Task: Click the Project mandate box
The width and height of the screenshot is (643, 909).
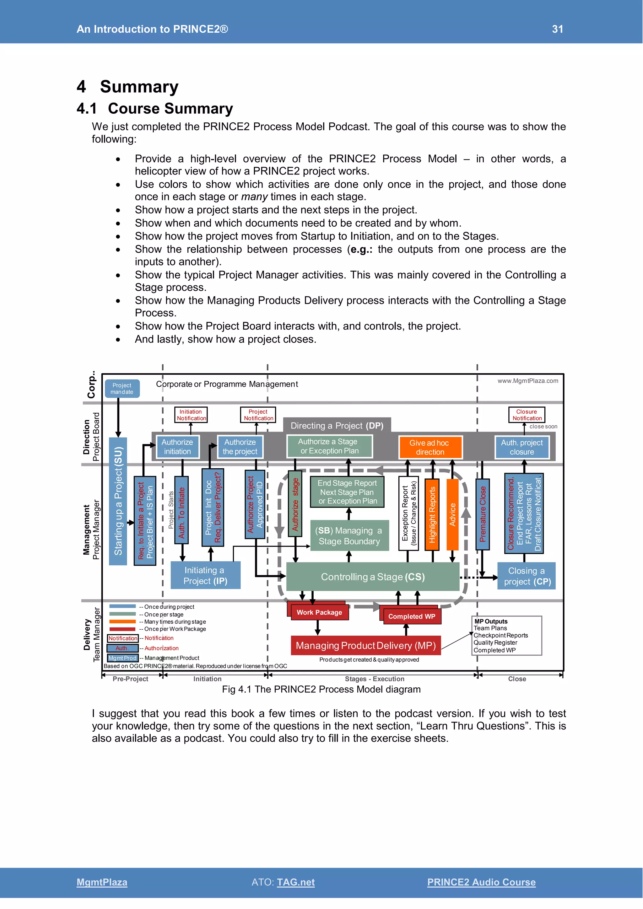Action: (122, 388)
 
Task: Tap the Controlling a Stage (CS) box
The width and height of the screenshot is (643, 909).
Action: (372, 577)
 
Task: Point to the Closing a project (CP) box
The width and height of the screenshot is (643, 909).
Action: (526, 576)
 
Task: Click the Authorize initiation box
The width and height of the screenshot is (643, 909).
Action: (177, 447)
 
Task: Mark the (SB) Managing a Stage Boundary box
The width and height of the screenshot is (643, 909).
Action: (349, 536)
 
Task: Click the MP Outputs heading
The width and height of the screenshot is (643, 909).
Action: (491, 621)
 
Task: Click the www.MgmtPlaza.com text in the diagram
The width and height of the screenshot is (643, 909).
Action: (528, 381)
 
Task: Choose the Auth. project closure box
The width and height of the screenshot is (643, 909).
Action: (522, 447)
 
